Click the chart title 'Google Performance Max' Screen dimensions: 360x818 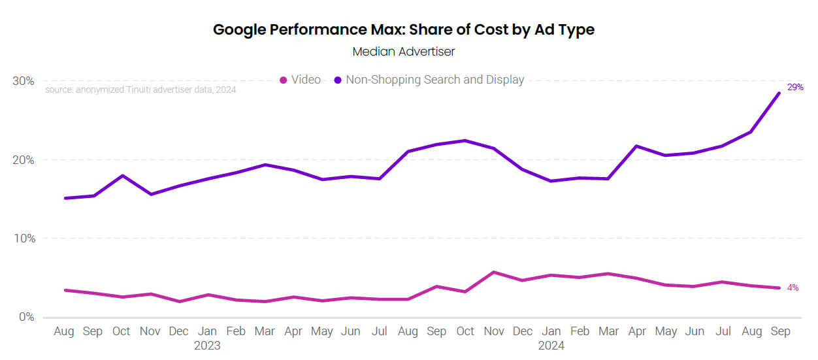click(x=403, y=29)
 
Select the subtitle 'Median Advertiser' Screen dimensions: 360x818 click(x=403, y=51)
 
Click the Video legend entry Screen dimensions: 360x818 click(x=301, y=80)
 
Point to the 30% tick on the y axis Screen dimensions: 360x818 click(x=24, y=81)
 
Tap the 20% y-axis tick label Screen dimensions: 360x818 click(x=24, y=160)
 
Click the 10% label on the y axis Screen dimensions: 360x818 click(x=24, y=238)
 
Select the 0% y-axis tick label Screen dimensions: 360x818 click(x=27, y=318)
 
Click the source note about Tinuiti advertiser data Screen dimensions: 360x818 click(x=140, y=90)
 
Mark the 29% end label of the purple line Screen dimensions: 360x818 click(x=795, y=87)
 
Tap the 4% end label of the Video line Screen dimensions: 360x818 click(x=793, y=287)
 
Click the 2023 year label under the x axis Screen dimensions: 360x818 click(x=207, y=346)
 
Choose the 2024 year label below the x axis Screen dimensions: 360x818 click(x=551, y=346)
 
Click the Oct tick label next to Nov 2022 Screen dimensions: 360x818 click(x=122, y=332)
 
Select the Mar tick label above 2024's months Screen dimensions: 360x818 click(x=609, y=332)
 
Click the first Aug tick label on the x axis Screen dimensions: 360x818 click(x=64, y=332)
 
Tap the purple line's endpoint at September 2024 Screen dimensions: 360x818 click(x=779, y=93)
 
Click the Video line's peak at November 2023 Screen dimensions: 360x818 click(x=494, y=272)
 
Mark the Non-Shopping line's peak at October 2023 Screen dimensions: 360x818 click(x=465, y=140)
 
